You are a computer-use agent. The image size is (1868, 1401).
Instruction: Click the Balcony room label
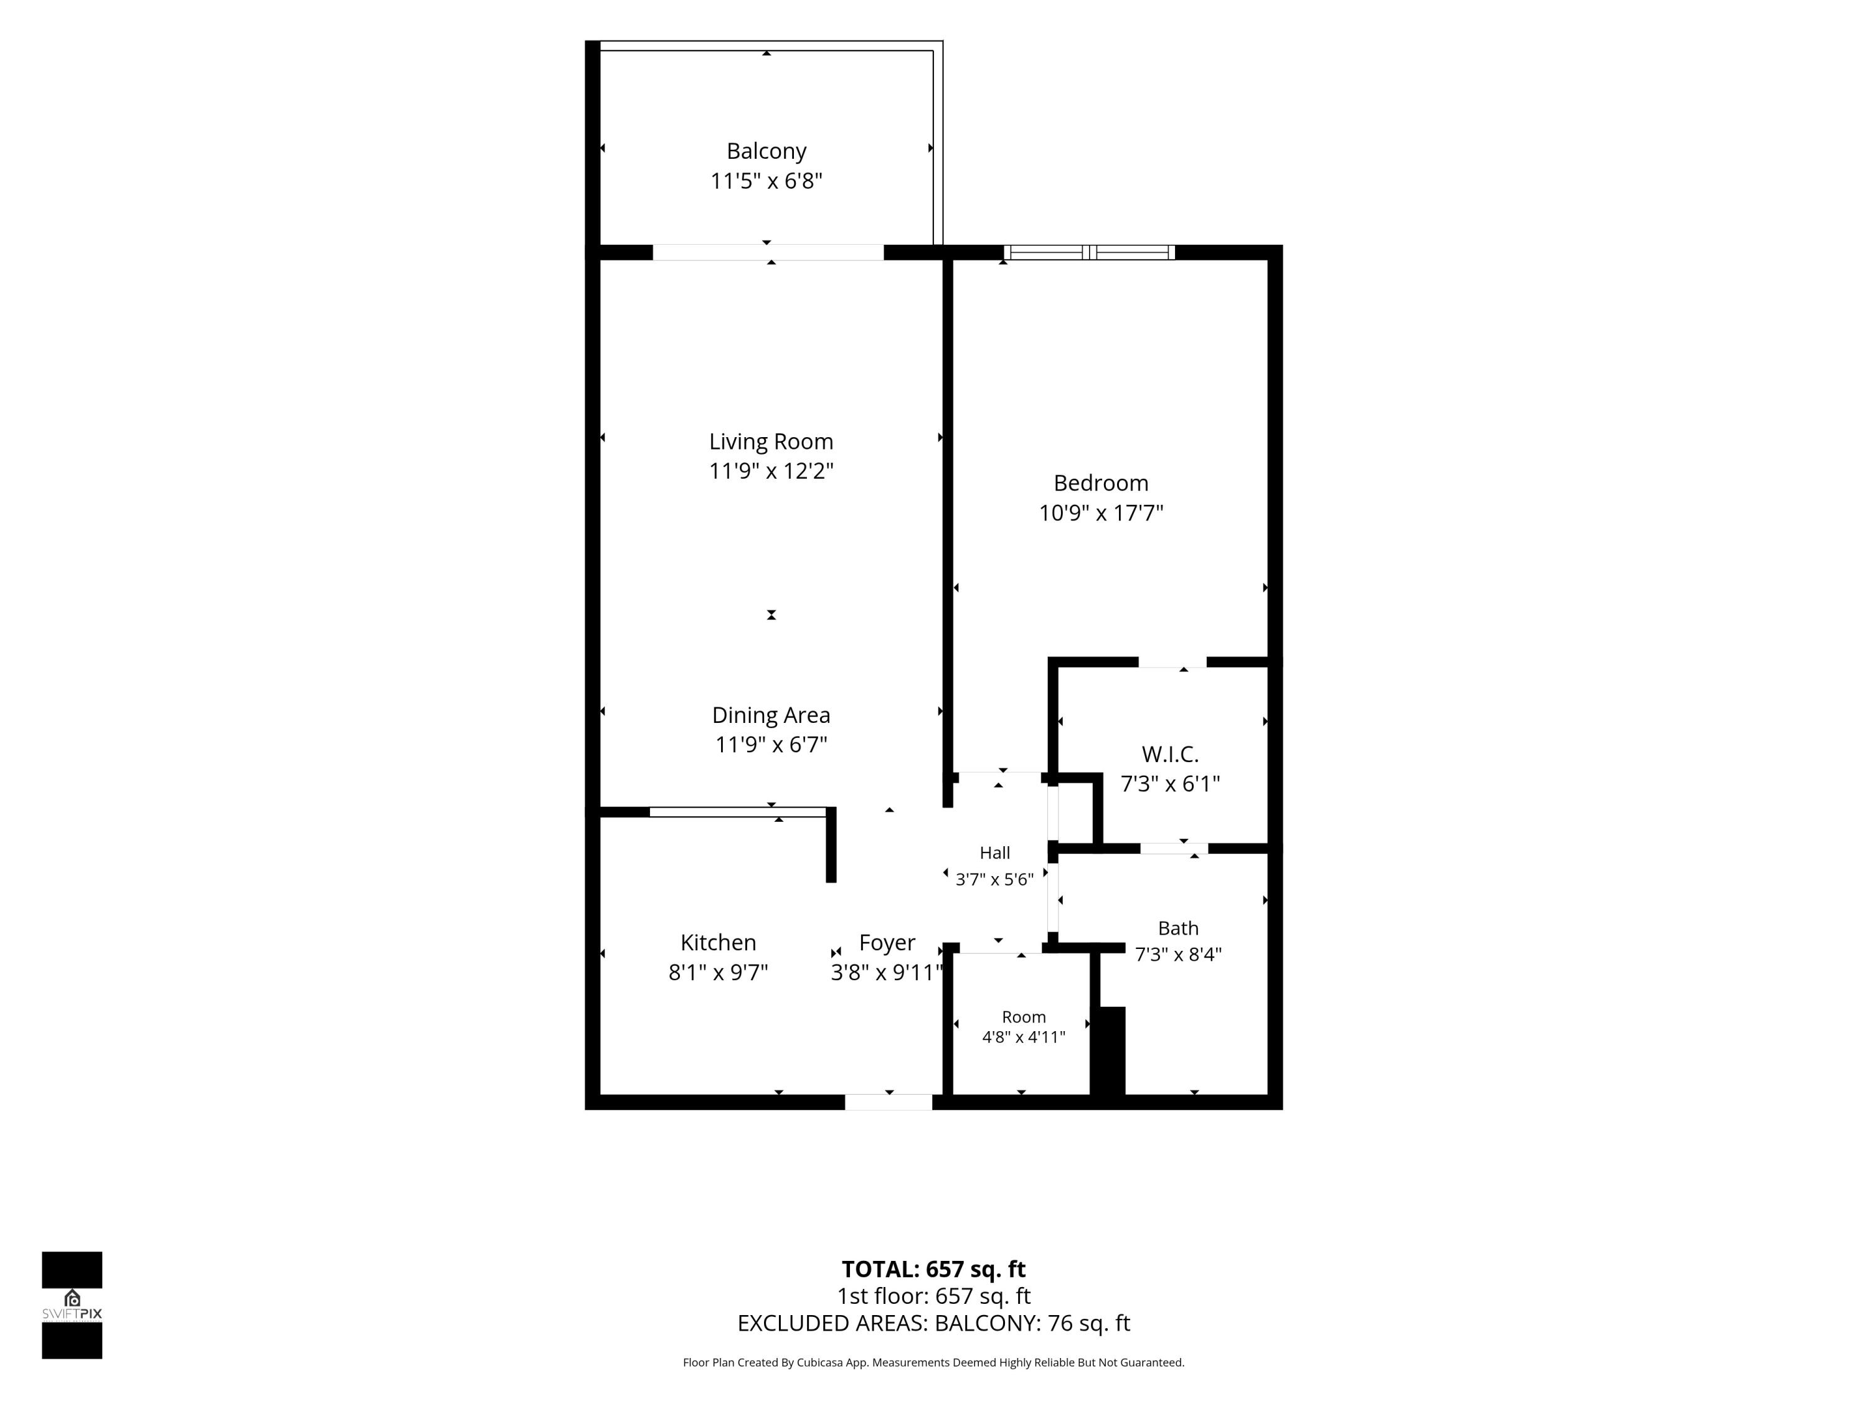click(766, 151)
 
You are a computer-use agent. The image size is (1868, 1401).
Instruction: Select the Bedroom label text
click(1100, 483)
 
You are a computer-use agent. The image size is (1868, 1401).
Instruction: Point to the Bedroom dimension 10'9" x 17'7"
click(1100, 512)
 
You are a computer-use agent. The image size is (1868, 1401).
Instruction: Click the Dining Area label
click(771, 715)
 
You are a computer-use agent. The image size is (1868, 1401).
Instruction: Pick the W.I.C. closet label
click(1169, 754)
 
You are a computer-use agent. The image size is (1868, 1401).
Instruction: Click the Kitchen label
click(718, 943)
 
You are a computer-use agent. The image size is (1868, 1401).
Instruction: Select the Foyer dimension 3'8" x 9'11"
click(887, 973)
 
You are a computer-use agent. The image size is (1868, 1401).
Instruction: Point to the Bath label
click(1178, 928)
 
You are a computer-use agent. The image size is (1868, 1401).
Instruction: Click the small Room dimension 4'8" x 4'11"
click(1024, 1037)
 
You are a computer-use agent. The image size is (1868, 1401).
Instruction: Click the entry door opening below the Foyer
click(889, 1102)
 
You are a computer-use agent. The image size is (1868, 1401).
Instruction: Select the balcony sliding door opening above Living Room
click(768, 252)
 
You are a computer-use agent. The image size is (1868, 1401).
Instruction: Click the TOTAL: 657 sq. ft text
click(933, 1269)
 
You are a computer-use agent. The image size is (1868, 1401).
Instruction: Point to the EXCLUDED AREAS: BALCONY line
click(933, 1323)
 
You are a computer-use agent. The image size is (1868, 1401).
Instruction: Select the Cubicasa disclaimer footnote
click(933, 1362)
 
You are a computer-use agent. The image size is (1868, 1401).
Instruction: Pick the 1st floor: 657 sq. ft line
click(933, 1296)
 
